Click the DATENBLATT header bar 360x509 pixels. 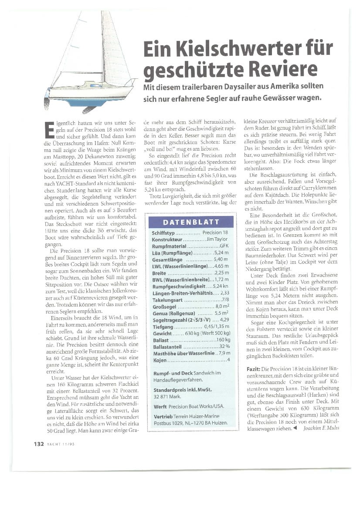point(191,222)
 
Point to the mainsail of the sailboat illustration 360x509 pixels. point(112,48)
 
